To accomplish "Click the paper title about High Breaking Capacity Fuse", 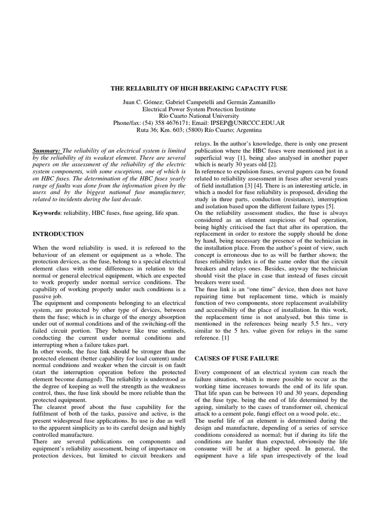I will [x=198, y=88].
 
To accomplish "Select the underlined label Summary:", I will [x=47, y=151].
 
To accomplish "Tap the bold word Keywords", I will [x=47, y=212].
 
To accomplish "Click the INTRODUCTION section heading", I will [x=58, y=234].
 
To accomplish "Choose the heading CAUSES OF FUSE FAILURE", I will [x=237, y=357].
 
